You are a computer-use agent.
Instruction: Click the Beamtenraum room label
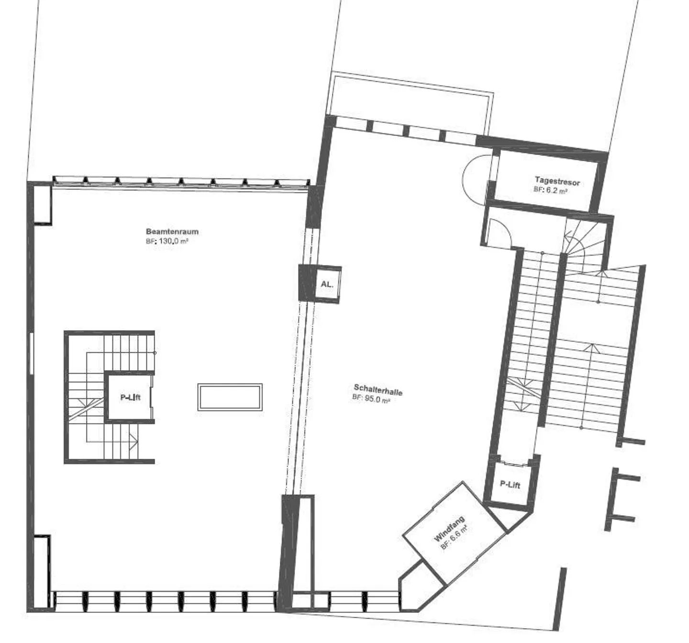point(172,232)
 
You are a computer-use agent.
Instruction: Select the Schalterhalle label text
point(378,390)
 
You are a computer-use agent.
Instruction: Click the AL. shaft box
point(327,284)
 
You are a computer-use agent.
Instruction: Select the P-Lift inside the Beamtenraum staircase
point(130,397)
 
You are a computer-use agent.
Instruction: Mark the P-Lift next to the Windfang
point(510,485)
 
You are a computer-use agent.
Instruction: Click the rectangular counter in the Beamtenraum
point(230,397)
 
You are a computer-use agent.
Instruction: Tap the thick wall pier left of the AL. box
point(307,283)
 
